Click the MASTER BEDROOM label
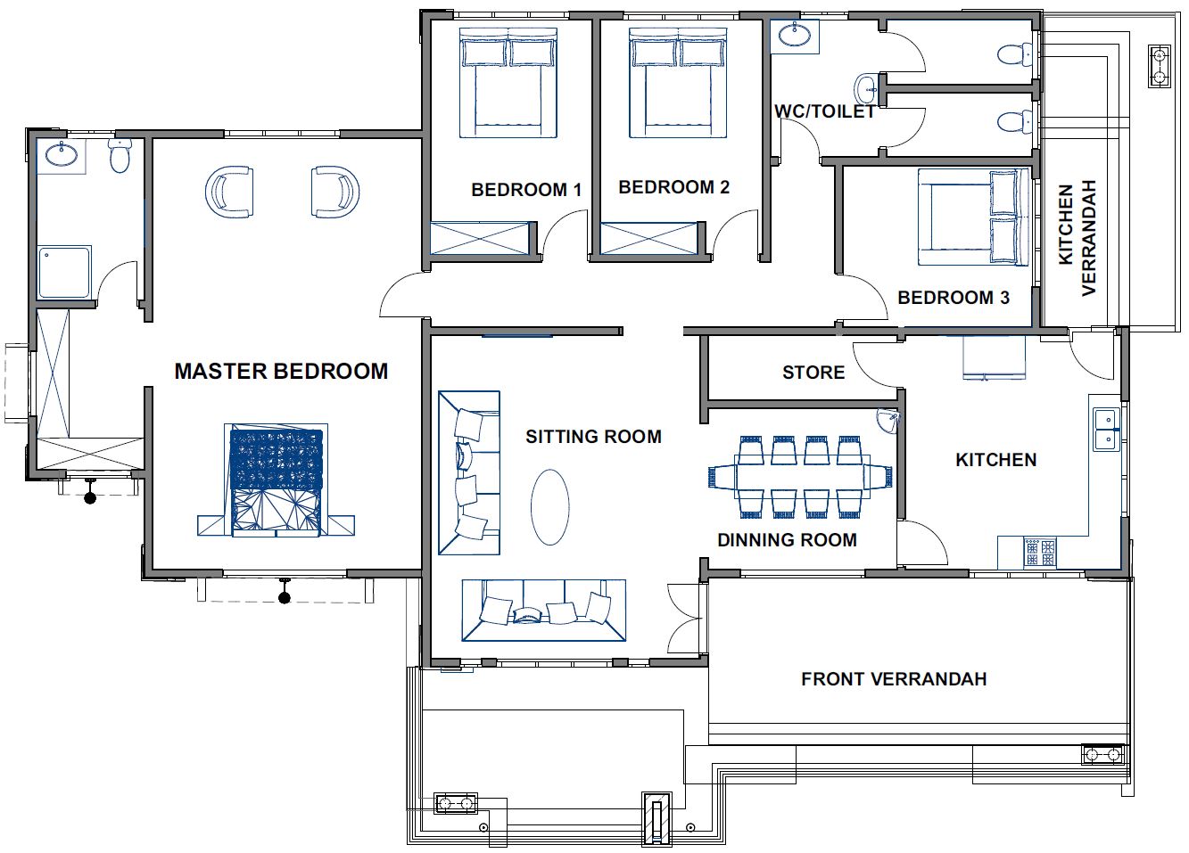tap(281, 372)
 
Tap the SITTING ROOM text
tap(593, 437)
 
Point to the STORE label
tap(813, 373)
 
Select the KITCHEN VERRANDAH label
tap(1077, 238)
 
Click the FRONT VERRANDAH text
tap(894, 679)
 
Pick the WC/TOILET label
tap(825, 111)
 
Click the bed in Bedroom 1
tap(508, 83)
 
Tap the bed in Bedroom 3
tap(973, 217)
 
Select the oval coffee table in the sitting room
tap(550, 507)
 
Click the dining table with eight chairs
tap(800, 477)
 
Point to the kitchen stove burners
tap(1039, 553)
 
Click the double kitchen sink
tap(1106, 429)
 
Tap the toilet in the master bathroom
tap(119, 155)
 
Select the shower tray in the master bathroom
tap(64, 271)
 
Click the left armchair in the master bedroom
tap(228, 191)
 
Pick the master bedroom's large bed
tap(276, 480)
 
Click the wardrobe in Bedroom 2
tap(648, 238)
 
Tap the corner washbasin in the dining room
tap(888, 421)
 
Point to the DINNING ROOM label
tap(788, 540)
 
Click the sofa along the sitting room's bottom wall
tap(543, 610)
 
